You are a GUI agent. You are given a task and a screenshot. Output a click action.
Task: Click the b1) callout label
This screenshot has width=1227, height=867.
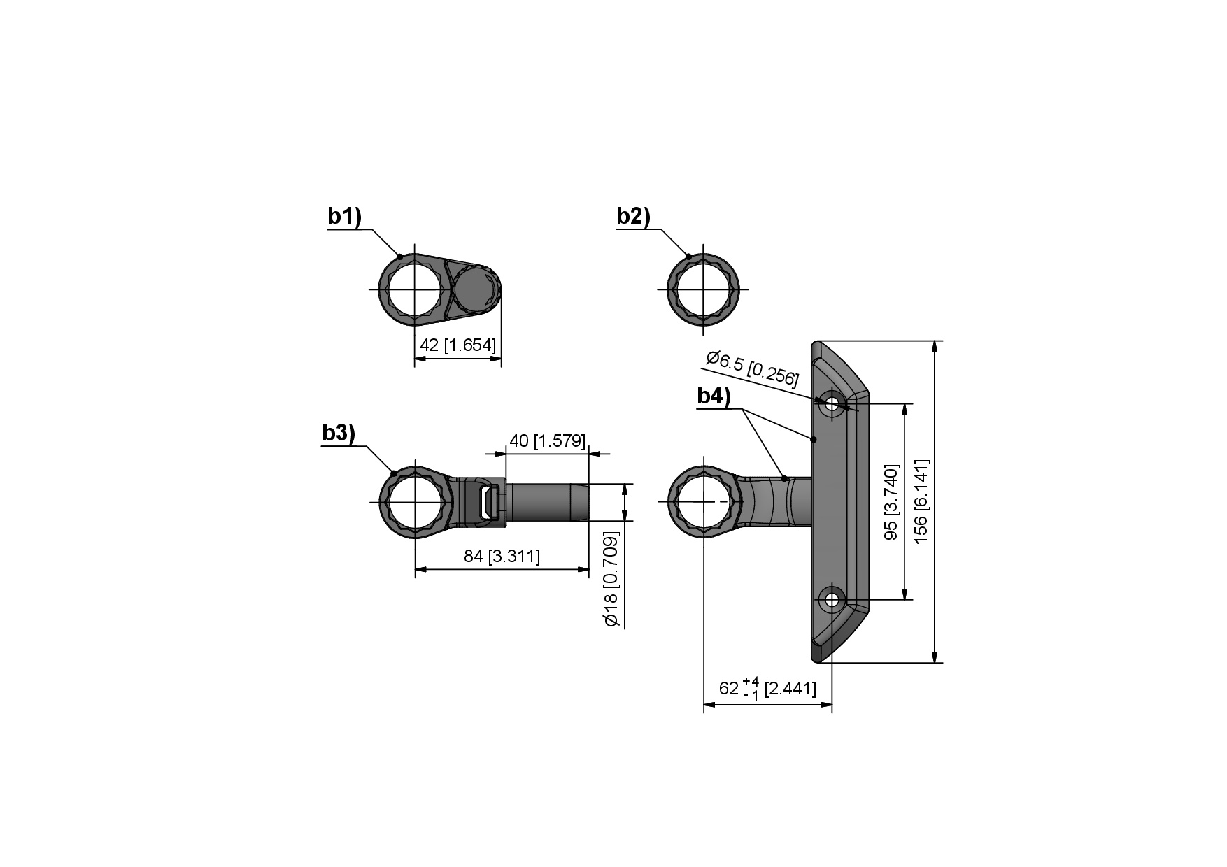point(344,217)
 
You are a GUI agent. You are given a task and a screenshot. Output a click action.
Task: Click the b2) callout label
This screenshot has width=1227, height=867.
point(633,217)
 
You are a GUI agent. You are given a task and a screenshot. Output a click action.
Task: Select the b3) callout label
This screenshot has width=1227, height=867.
point(339,433)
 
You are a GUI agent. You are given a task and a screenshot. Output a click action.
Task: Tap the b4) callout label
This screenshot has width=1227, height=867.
point(714,396)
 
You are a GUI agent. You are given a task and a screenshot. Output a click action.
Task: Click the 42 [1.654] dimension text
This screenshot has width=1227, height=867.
point(458,345)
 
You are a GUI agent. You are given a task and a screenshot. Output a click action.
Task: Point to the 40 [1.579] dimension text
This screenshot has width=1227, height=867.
point(547,440)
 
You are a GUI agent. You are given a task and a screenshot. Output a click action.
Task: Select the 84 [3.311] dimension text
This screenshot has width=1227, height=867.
point(502,557)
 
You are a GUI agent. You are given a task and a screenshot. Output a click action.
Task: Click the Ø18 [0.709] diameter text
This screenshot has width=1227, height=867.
point(611,579)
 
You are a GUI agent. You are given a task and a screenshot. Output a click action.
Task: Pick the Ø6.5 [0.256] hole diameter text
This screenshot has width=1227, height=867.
point(752,368)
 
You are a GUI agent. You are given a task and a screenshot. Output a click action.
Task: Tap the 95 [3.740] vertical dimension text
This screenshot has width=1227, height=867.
point(891,501)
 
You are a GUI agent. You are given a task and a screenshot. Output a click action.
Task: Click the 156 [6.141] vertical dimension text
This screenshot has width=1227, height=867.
point(921,501)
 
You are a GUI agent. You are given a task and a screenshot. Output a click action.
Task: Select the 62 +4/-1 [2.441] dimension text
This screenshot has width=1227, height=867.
point(767,688)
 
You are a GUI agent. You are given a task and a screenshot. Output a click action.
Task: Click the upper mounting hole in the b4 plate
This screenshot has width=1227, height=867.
point(832,404)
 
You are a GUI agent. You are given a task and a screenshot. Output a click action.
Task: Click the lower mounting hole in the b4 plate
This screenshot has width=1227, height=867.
point(832,599)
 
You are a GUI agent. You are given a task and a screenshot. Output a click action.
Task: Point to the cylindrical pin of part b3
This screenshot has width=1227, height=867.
point(547,502)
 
